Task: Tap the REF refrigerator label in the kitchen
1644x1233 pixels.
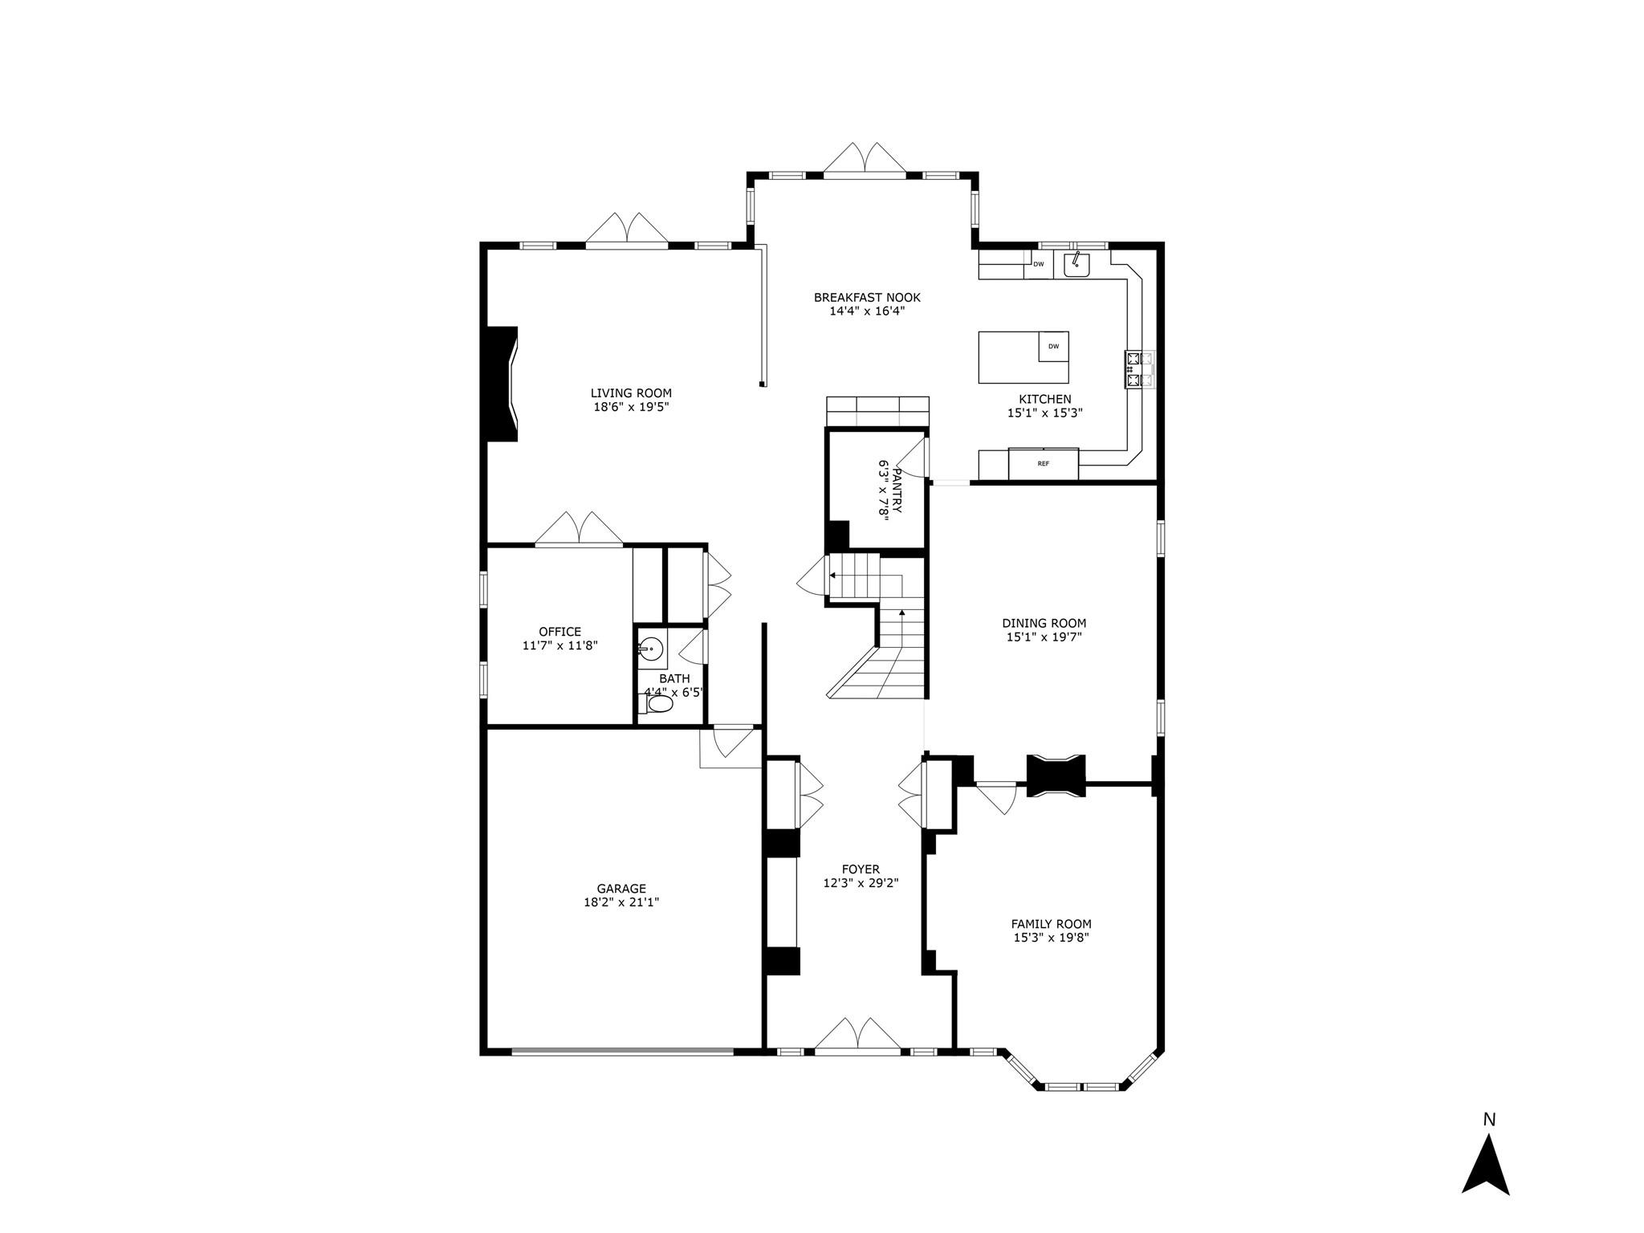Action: click(1043, 464)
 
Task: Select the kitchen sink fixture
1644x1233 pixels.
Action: click(1076, 264)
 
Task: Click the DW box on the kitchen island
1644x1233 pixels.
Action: click(1053, 347)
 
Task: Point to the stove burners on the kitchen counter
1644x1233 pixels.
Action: click(1139, 370)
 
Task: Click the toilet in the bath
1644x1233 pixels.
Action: click(657, 705)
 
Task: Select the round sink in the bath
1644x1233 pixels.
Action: click(652, 647)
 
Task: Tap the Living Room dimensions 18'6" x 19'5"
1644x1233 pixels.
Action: click(631, 407)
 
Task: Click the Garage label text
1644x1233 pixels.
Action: click(621, 889)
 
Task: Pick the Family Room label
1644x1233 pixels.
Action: click(1051, 924)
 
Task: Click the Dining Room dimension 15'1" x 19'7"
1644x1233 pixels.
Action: click(1044, 637)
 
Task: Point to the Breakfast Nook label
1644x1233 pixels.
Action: click(867, 298)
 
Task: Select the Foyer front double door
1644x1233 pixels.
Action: click(857, 1036)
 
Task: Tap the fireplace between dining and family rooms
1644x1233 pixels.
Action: click(1056, 775)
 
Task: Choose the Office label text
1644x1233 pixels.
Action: click(560, 632)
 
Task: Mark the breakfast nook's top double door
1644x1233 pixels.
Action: click(865, 160)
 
